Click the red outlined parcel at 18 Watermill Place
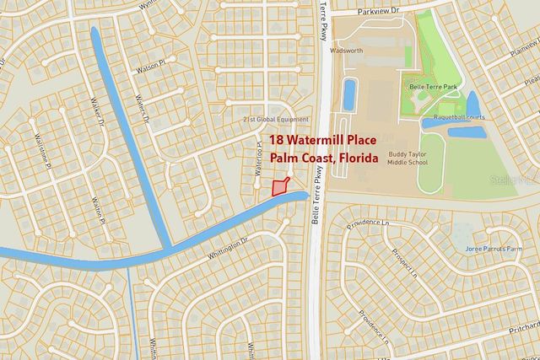pyautogui.click(x=279, y=187)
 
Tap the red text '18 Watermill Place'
pyautogui.click(x=325, y=141)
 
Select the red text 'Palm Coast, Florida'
pyautogui.click(x=324, y=158)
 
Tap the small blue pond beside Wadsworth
pyautogui.click(x=349, y=96)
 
